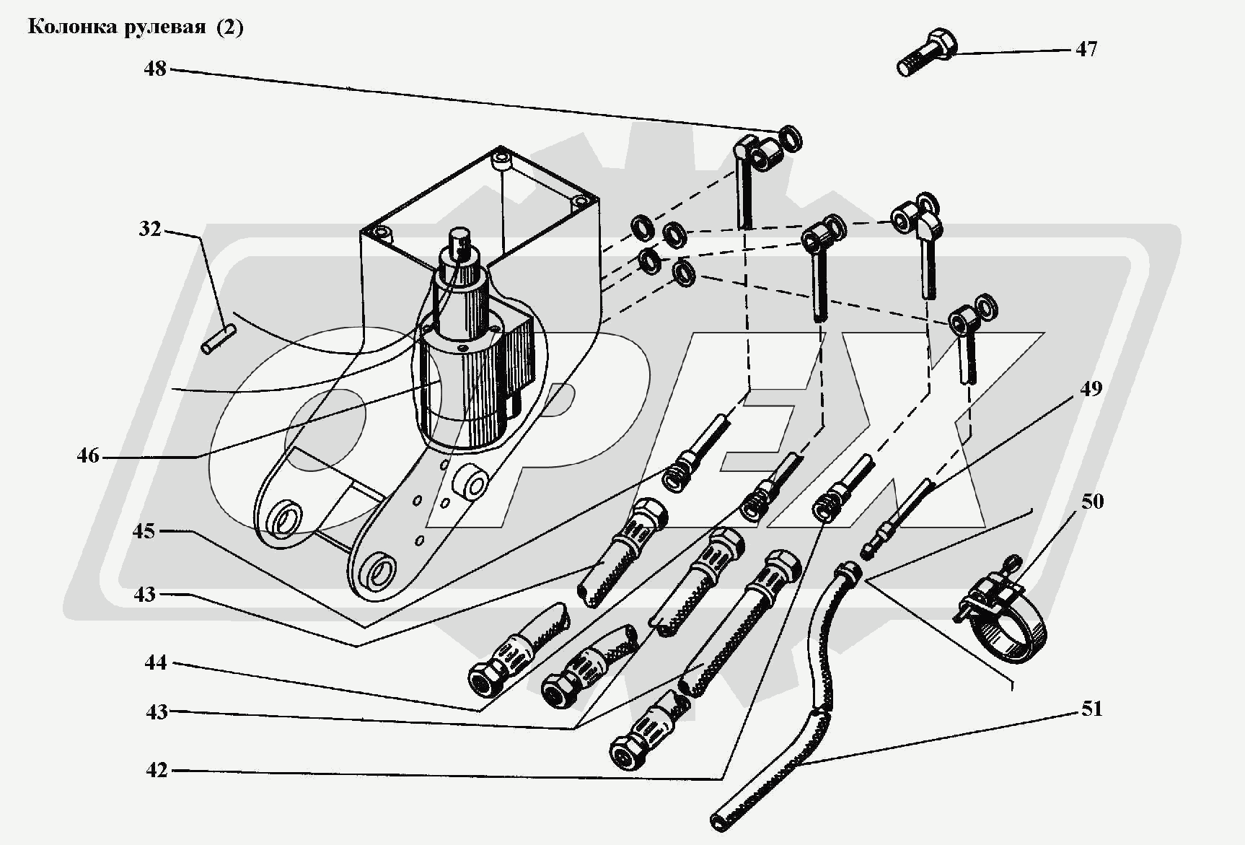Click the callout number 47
[x=1086, y=49]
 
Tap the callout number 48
[x=155, y=69]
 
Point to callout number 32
[x=150, y=230]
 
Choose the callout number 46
[x=88, y=456]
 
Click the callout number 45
[x=144, y=531]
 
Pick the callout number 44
[x=156, y=662]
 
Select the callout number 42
[x=157, y=770]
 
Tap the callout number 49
[x=1091, y=388]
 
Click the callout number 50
[x=1092, y=501]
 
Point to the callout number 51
[x=1092, y=709]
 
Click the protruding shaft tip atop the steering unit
[x=460, y=239]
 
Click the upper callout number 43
[x=144, y=594]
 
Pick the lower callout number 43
[x=156, y=712]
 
